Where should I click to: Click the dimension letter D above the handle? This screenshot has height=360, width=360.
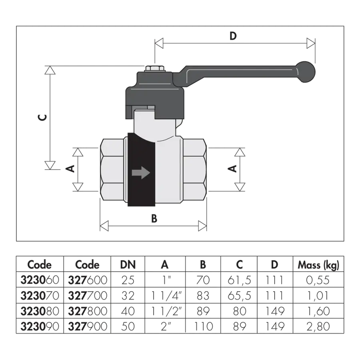pyautogui.click(x=233, y=36)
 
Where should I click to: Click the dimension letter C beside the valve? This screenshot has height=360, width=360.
pyautogui.click(x=42, y=117)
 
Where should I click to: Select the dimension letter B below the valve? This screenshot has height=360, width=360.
pyautogui.click(x=154, y=218)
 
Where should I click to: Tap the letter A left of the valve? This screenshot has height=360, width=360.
pyautogui.click(x=70, y=168)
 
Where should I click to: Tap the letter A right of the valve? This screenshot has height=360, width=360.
pyautogui.click(x=232, y=168)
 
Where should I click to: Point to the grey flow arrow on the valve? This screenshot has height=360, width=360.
pyautogui.click(x=141, y=172)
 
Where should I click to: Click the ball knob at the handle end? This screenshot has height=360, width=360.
pyautogui.click(x=305, y=72)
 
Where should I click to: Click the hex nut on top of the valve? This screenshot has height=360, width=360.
pyautogui.click(x=155, y=69)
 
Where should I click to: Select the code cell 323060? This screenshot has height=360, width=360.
pyautogui.click(x=40, y=280)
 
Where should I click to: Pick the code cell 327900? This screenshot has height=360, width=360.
pyautogui.click(x=88, y=326)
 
